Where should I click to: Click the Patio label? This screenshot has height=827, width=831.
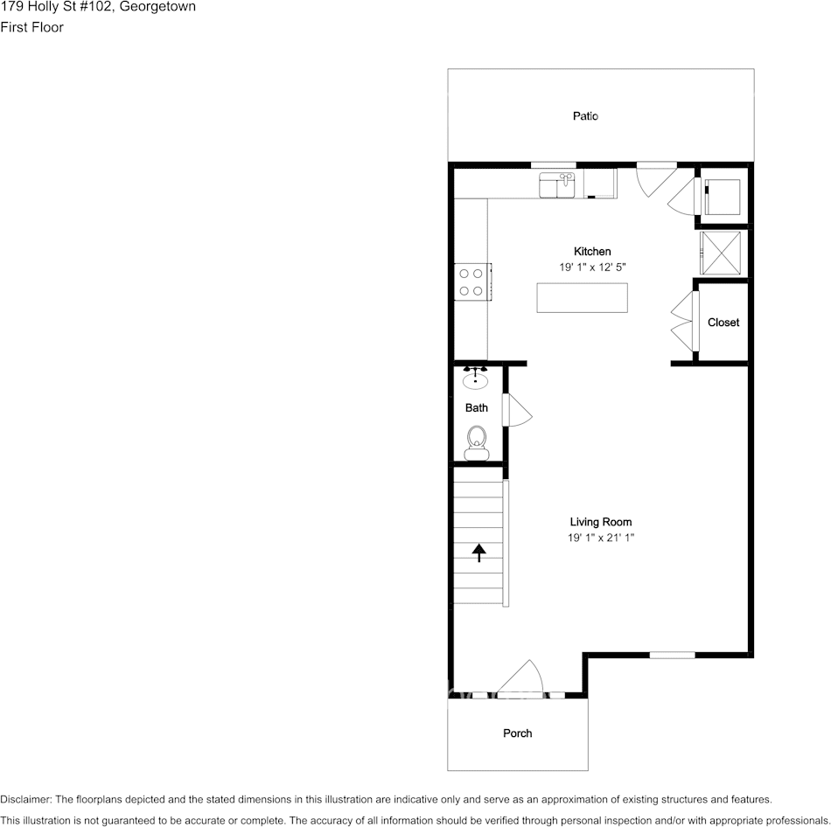click(x=585, y=116)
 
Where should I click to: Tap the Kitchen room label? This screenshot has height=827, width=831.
click(x=592, y=252)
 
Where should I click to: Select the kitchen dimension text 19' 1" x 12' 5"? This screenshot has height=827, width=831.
click(x=592, y=267)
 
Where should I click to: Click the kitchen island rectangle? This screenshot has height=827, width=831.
click(x=582, y=298)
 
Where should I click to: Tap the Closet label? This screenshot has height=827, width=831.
click(x=723, y=323)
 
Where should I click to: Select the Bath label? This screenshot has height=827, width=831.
click(x=477, y=408)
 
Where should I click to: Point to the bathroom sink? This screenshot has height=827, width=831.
click(x=476, y=378)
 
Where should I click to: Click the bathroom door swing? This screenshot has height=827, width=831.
click(x=516, y=410)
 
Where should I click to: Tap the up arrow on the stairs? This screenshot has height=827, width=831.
click(x=478, y=552)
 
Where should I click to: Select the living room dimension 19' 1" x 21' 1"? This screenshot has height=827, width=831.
click(x=600, y=539)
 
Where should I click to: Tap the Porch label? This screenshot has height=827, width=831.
click(x=517, y=733)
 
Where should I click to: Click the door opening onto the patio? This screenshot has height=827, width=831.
click(x=654, y=178)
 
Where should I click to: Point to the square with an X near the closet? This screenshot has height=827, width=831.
click(x=721, y=254)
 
